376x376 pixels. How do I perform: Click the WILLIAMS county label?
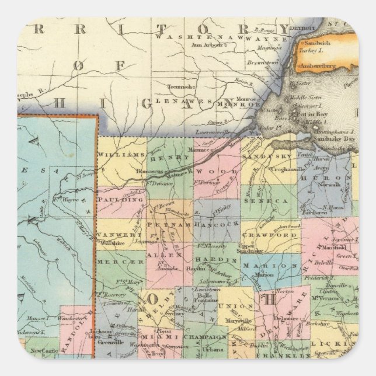click(x=121, y=154)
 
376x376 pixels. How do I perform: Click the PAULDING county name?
click(x=121, y=199)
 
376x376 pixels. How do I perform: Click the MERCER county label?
click(x=120, y=262)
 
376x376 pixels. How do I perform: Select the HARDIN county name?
click(x=211, y=259)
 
